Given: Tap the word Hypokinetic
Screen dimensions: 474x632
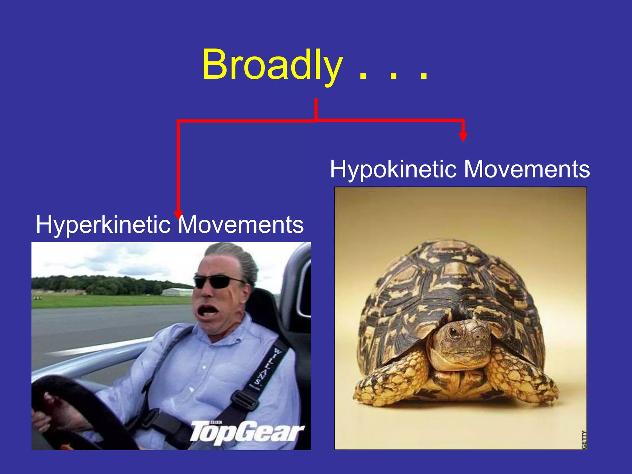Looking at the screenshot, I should pos(393,170).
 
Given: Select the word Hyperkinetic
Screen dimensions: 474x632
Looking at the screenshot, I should pos(103,225).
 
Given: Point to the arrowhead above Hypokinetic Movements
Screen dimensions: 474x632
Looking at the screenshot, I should pos(463,137).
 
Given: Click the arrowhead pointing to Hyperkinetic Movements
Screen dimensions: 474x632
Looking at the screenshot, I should pos(178,214).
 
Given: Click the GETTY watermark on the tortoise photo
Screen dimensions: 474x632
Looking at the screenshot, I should pos(584,439).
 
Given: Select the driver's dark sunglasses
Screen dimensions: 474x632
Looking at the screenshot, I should pos(216,282).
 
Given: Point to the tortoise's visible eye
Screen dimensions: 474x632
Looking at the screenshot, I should pos(454,332).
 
